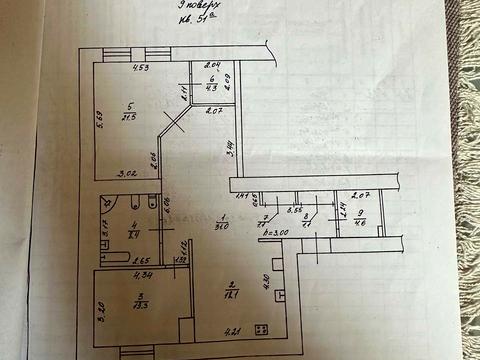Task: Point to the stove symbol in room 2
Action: click(262, 328)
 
